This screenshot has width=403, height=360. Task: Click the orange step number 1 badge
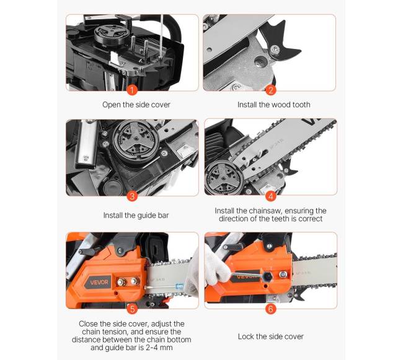132,90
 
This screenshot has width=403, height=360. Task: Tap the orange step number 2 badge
270,90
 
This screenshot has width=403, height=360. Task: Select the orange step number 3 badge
132,196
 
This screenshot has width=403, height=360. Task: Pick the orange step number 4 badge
270,196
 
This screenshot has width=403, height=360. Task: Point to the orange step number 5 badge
132,309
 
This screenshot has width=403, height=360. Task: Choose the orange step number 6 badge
270,309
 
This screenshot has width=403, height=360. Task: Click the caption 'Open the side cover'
136,105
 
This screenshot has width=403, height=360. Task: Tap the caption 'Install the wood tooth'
273,105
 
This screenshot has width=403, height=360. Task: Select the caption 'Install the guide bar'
136,215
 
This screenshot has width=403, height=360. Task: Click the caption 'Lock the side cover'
271,336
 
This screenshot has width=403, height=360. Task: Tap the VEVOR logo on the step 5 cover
99,282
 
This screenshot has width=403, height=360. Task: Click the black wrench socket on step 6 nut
268,276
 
